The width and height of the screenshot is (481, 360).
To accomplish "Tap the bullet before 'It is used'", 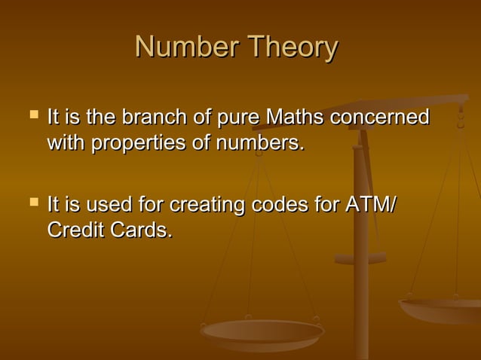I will tap(32, 203).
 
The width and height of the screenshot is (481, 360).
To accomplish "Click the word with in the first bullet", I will tap(66, 142).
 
